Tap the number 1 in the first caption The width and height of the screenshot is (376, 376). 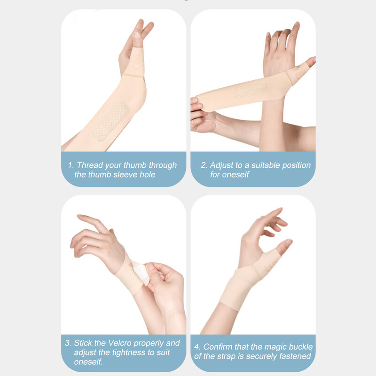(70, 165)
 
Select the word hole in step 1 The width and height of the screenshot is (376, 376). (148, 174)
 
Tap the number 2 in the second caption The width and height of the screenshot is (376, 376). (204, 165)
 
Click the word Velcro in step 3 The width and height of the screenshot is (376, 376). (119, 343)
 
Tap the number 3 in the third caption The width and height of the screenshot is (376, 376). (68, 343)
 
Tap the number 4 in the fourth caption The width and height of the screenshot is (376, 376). (197, 347)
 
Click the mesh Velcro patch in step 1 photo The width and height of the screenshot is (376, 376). (110, 121)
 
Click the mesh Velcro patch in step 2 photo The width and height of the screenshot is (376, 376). (251, 91)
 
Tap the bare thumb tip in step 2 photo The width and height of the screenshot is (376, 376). (311, 62)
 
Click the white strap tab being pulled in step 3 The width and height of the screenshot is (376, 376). (141, 273)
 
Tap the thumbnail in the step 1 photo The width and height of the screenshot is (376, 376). (137, 36)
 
